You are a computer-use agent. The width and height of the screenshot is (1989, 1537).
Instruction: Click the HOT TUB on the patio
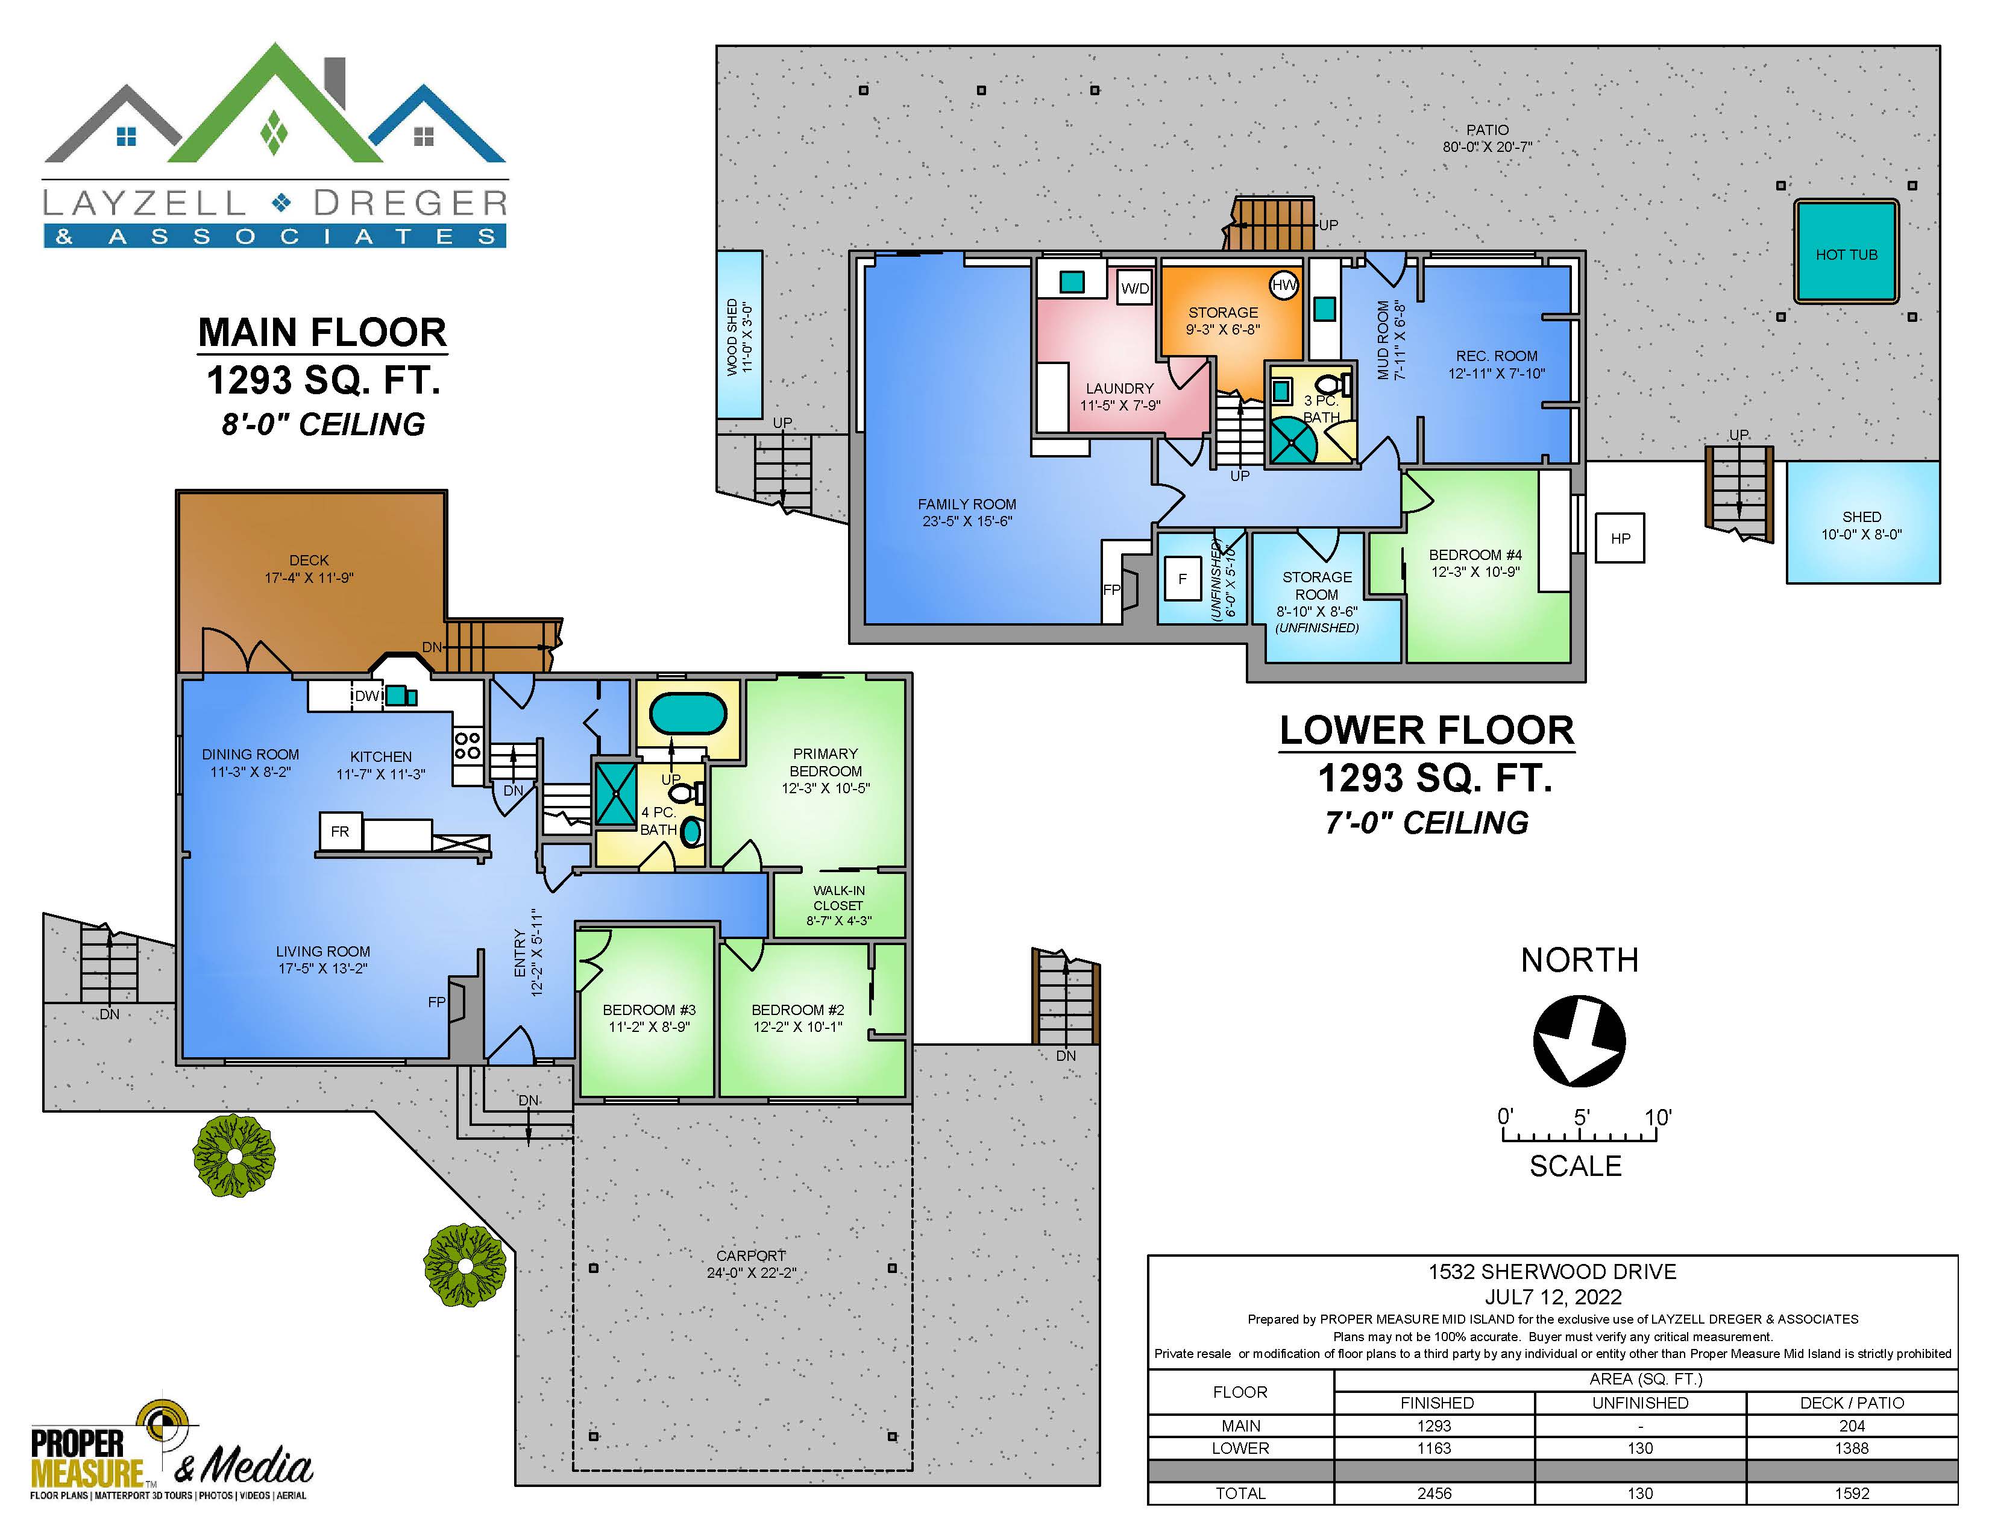click(x=1846, y=252)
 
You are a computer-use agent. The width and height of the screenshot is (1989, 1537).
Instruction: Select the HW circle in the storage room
click(x=1284, y=285)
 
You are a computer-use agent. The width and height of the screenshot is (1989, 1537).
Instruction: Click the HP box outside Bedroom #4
click(x=1620, y=538)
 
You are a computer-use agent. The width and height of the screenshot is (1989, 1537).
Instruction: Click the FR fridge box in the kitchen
click(x=340, y=831)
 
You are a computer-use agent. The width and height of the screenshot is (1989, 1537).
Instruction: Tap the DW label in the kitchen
click(x=367, y=696)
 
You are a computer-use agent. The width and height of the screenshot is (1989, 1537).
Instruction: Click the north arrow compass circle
click(x=1579, y=1041)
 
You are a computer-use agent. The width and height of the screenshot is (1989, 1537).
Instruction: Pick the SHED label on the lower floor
click(x=1861, y=517)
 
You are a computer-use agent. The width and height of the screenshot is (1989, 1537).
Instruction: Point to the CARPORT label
click(x=750, y=1256)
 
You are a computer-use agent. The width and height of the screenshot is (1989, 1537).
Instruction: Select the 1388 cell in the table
click(x=1852, y=1448)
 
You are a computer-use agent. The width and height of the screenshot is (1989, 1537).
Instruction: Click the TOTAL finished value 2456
click(x=1434, y=1493)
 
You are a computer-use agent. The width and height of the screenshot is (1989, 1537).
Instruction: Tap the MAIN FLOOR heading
click(x=322, y=332)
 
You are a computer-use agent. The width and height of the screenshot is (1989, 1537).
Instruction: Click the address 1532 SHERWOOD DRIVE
click(x=1552, y=1272)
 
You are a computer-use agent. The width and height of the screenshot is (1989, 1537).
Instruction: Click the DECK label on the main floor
click(x=309, y=560)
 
